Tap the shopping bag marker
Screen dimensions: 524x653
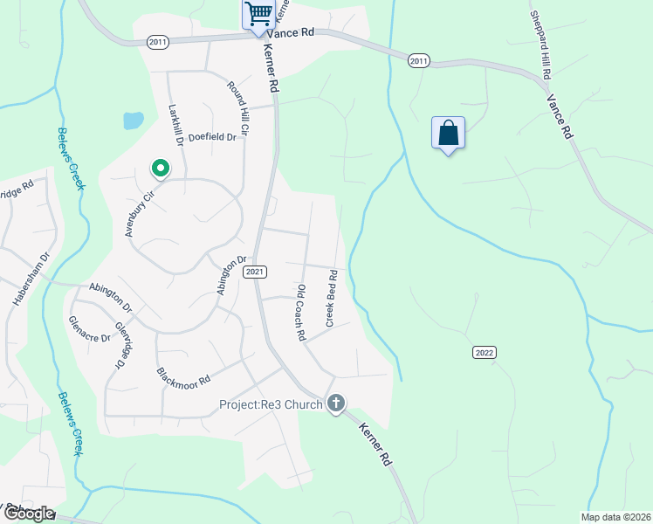click(448, 134)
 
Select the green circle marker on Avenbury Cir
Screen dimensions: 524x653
click(160, 167)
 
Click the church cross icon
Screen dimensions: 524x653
click(336, 403)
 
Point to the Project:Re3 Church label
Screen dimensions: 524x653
click(271, 403)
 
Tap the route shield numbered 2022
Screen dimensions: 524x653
click(485, 352)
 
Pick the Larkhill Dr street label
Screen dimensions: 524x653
click(175, 125)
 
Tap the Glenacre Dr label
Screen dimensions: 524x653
click(90, 327)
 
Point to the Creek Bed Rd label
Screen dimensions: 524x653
click(332, 299)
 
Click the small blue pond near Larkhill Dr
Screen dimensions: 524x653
click(133, 121)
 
